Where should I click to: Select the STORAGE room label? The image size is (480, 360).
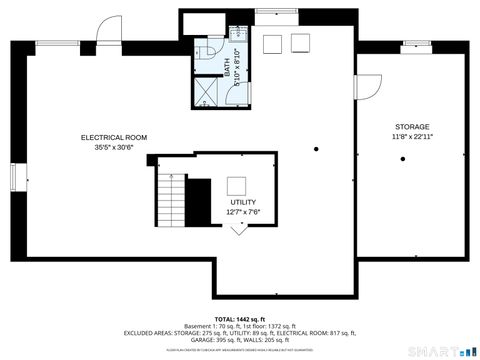[412, 126]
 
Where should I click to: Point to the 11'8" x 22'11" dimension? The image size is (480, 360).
[412, 136]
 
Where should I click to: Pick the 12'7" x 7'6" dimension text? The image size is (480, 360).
[243, 211]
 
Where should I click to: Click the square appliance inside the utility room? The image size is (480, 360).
[237, 185]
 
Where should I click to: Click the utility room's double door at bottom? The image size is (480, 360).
[239, 229]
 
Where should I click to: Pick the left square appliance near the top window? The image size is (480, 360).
[273, 43]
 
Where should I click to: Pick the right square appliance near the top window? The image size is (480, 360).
[298, 43]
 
